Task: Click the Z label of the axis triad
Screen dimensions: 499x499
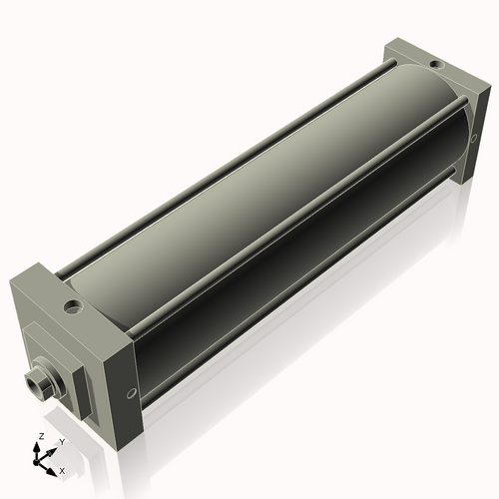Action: tap(39, 437)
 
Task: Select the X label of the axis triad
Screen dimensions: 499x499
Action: tap(62, 469)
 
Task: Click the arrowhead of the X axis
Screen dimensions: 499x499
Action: tap(53, 466)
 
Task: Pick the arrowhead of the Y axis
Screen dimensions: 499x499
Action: tap(52, 448)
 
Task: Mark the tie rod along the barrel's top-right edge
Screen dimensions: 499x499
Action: tap(299, 210)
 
